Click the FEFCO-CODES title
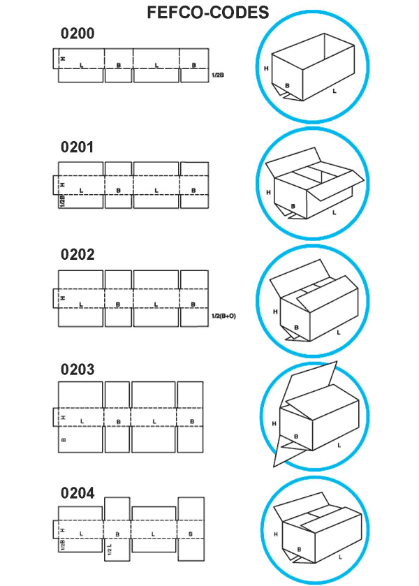pos(208,13)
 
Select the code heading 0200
pos(78,34)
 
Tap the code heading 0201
pos(77,147)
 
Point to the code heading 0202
pos(78,254)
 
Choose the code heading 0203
pos(78,369)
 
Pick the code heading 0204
pos(78,493)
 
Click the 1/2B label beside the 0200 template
pos(218,75)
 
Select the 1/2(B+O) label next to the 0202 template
pos(224,316)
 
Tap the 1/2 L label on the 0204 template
pos(110,549)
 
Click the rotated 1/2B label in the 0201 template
pos(62,201)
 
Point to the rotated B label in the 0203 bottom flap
pos(63,440)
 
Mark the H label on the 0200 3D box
pos(266,68)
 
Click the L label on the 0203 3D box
pos(339,445)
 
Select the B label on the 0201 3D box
pos(293,206)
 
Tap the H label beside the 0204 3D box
pos(275,534)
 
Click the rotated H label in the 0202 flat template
pos(63,298)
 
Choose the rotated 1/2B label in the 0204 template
pos(62,545)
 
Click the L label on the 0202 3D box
pos(339,332)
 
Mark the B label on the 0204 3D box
pos(299,550)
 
